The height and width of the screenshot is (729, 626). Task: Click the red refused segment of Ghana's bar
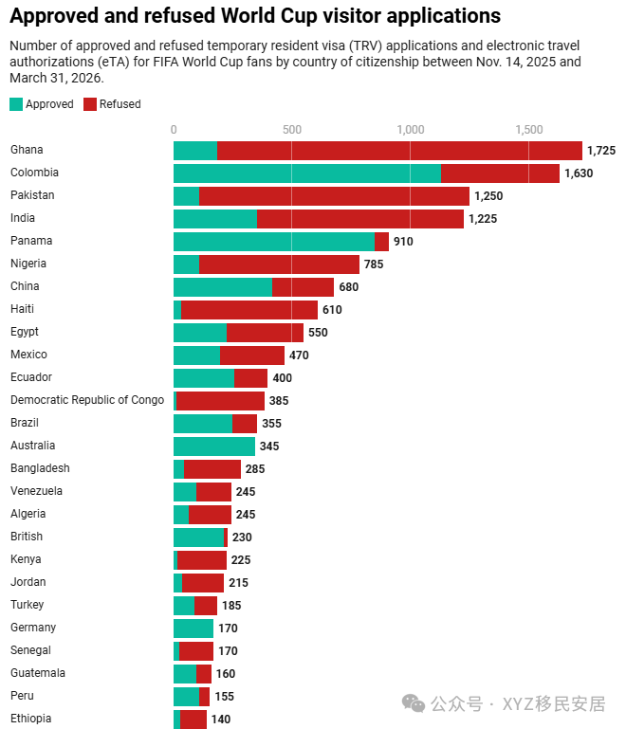399,151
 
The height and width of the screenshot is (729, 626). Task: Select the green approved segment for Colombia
307,173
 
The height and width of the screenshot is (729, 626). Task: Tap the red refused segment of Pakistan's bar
334,196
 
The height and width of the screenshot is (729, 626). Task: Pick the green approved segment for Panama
274,242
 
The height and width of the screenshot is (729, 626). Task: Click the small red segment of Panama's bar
381,242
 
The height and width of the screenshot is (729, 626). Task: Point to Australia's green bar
214,447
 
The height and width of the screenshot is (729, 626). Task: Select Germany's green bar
193,629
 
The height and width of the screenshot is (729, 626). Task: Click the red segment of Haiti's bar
249,310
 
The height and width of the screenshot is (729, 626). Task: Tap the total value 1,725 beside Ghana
601,151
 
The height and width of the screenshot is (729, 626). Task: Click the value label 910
403,242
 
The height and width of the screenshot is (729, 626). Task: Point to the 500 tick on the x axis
292,130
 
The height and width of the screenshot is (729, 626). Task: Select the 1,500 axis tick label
529,130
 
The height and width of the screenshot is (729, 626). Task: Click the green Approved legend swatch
16,104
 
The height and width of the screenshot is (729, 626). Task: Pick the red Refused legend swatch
90,104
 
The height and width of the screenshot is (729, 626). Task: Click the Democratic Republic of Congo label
87,400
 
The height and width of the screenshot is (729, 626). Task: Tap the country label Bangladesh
40,468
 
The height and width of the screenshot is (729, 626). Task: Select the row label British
27,537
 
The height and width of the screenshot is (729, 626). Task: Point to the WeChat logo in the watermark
414,703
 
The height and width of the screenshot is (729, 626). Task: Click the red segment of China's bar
303,287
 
